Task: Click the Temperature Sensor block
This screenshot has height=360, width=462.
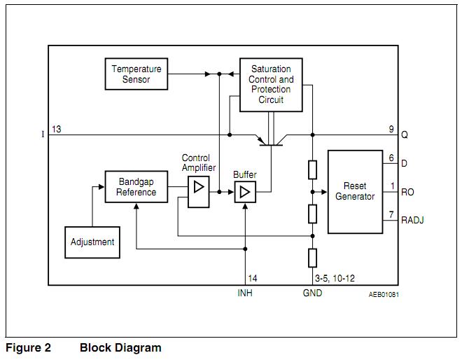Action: point(136,74)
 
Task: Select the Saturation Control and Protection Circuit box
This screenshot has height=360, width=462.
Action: point(271,85)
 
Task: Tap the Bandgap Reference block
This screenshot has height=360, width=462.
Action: point(136,187)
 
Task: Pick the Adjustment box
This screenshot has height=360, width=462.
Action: point(92,242)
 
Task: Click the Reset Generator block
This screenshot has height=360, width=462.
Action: point(355,191)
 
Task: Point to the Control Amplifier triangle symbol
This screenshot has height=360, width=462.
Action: point(199,187)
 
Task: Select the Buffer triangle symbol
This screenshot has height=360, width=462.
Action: point(245,192)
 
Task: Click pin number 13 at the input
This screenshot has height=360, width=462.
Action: point(57,129)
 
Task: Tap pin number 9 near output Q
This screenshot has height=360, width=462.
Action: point(391,129)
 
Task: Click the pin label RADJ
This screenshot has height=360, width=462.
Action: point(412,220)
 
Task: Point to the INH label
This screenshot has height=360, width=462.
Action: point(245,293)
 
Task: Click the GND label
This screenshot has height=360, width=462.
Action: point(312,293)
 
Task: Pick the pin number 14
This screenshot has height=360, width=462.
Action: point(253,278)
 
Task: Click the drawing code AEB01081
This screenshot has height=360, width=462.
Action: point(384,294)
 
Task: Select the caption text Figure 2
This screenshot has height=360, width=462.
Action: point(29,347)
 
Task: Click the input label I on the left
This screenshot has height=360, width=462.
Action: point(43,134)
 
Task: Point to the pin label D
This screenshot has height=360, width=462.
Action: point(404,164)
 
